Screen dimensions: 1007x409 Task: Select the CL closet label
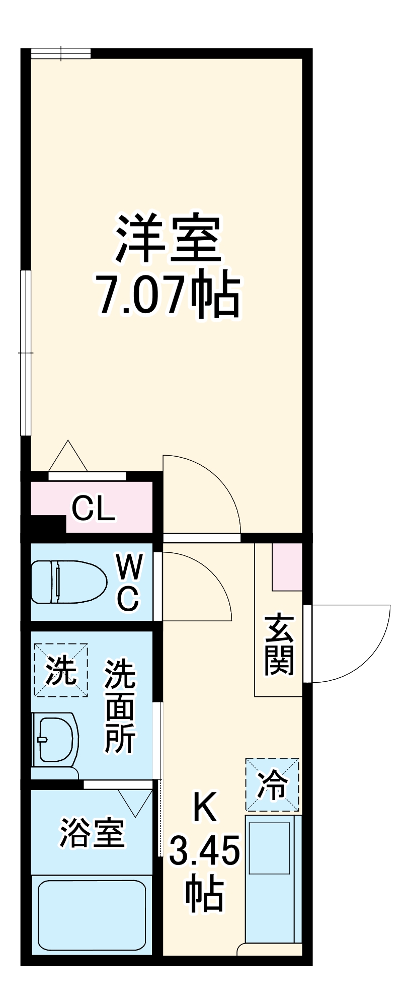[x=94, y=510]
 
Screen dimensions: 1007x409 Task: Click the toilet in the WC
[x=68, y=582]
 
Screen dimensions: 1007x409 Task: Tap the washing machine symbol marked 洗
[x=61, y=670]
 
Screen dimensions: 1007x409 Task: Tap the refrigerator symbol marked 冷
[x=272, y=784]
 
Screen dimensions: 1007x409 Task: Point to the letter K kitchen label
[x=205, y=807]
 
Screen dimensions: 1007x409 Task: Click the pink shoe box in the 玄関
[x=287, y=566]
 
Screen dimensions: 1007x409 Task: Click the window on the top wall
[x=61, y=53]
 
